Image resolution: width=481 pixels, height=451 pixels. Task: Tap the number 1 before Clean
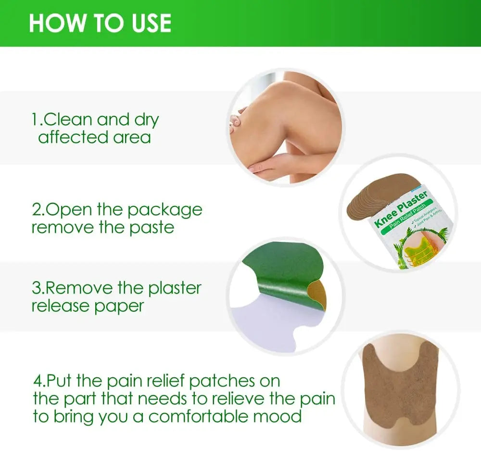35,119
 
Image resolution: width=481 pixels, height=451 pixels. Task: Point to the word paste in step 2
151,228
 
